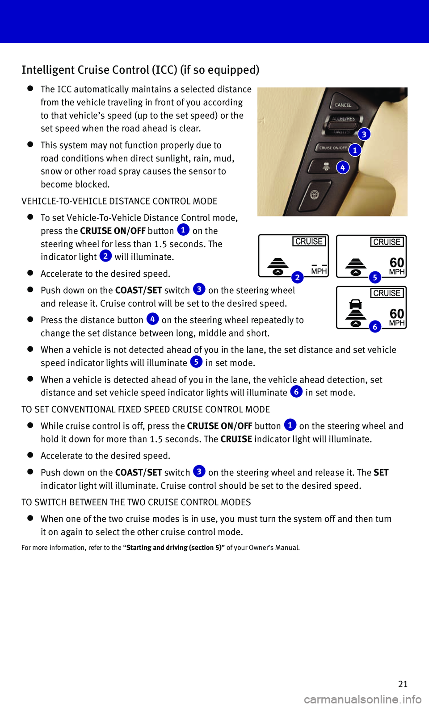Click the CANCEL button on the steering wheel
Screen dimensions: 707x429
click(343, 105)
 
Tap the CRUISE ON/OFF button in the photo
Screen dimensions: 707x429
click(333, 148)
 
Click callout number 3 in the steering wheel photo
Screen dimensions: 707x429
click(364, 134)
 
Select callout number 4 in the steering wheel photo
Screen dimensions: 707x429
click(343, 167)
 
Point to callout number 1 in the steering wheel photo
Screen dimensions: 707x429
click(355, 150)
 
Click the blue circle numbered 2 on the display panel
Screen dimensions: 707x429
click(297, 278)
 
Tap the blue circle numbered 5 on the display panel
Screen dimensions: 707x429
click(375, 278)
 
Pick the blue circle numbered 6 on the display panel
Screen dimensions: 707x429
click(375, 327)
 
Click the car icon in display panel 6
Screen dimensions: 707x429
click(356, 304)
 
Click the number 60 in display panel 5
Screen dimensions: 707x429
click(397, 262)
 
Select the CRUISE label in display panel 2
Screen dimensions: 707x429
click(309, 241)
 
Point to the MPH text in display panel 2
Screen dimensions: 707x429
click(319, 271)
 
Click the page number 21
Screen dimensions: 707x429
click(403, 684)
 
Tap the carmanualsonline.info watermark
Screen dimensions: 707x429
click(362, 699)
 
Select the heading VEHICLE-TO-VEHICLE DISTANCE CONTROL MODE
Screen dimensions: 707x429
click(119, 201)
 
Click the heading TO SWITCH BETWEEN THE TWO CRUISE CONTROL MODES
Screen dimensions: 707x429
click(136, 502)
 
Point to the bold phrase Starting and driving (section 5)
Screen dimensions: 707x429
click(173, 548)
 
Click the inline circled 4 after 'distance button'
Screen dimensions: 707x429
click(152, 319)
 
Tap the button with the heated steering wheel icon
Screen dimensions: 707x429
click(315, 195)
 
